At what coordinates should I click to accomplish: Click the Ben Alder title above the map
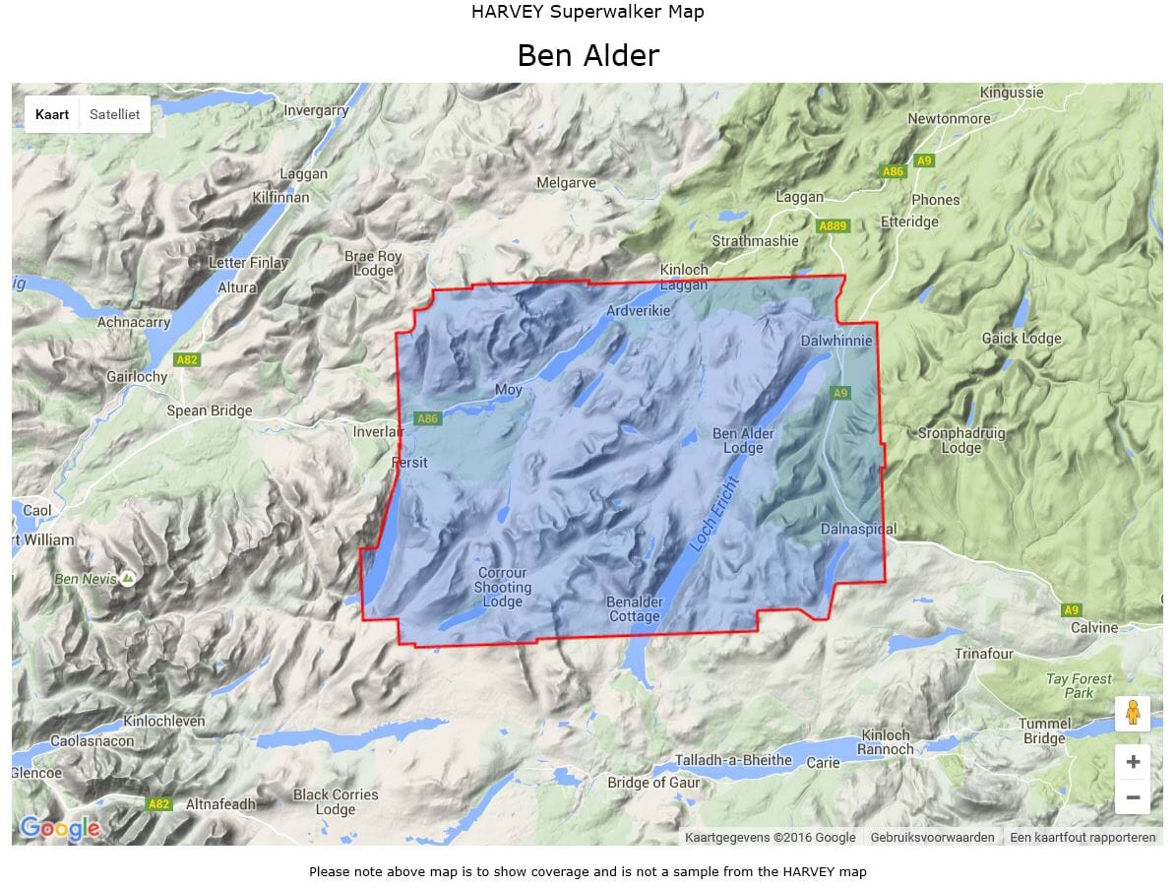click(588, 56)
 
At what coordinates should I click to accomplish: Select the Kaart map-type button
click(52, 114)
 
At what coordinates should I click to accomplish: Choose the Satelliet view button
click(114, 114)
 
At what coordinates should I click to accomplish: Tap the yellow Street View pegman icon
click(1133, 713)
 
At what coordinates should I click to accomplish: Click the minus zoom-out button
click(1133, 796)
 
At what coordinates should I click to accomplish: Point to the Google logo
click(59, 828)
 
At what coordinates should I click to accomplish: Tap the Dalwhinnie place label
click(836, 341)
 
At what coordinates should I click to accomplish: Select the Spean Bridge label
click(210, 411)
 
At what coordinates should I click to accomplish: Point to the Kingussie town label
click(1012, 93)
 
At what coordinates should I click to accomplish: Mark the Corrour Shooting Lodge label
click(503, 587)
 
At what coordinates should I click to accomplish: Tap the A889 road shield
click(833, 226)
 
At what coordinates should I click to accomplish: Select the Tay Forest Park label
click(1079, 685)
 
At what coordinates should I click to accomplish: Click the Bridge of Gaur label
click(653, 783)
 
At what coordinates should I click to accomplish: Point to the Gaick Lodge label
click(1021, 339)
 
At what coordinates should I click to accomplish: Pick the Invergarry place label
click(316, 110)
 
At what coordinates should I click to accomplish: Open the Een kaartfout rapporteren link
click(1083, 837)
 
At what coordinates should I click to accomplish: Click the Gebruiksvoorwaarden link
click(932, 837)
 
